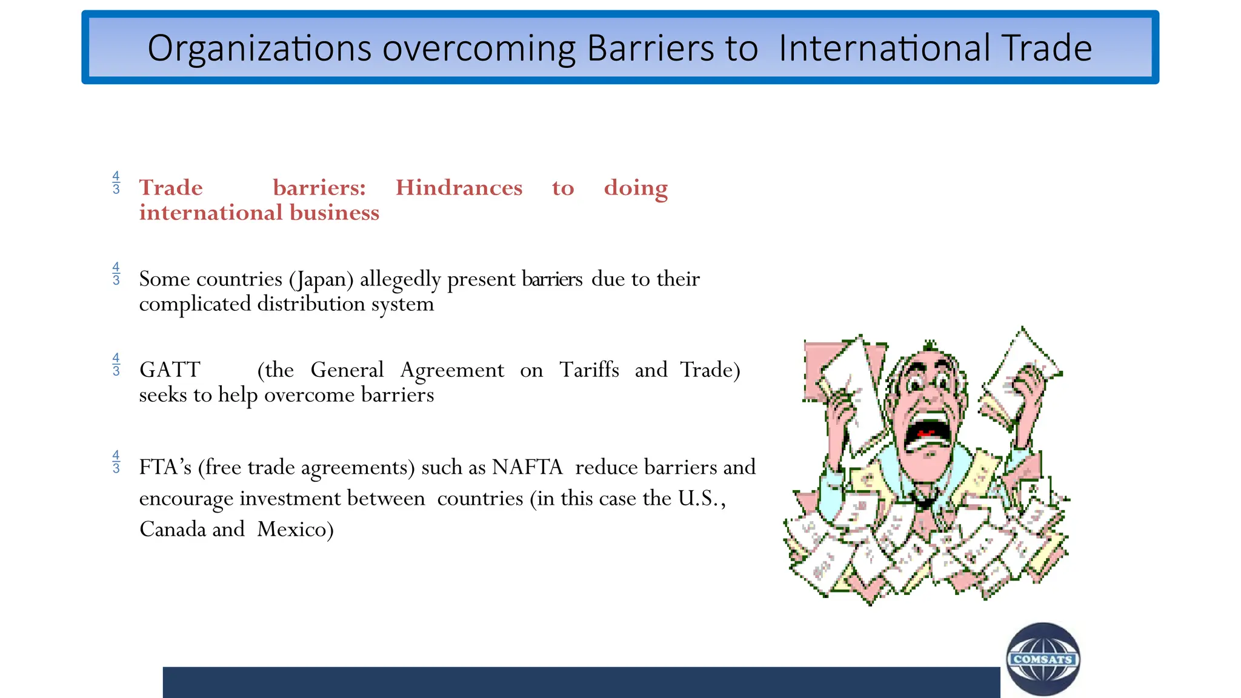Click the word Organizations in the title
259,48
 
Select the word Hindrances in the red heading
459,188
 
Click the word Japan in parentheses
321,279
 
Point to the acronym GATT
170,370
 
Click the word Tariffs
589,370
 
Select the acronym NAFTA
527,467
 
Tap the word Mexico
295,530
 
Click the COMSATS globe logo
1043,659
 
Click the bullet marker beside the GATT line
116,365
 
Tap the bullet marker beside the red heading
116,183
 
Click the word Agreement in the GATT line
452,370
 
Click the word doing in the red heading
636,188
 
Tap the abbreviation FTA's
165,467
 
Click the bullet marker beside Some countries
116,274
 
